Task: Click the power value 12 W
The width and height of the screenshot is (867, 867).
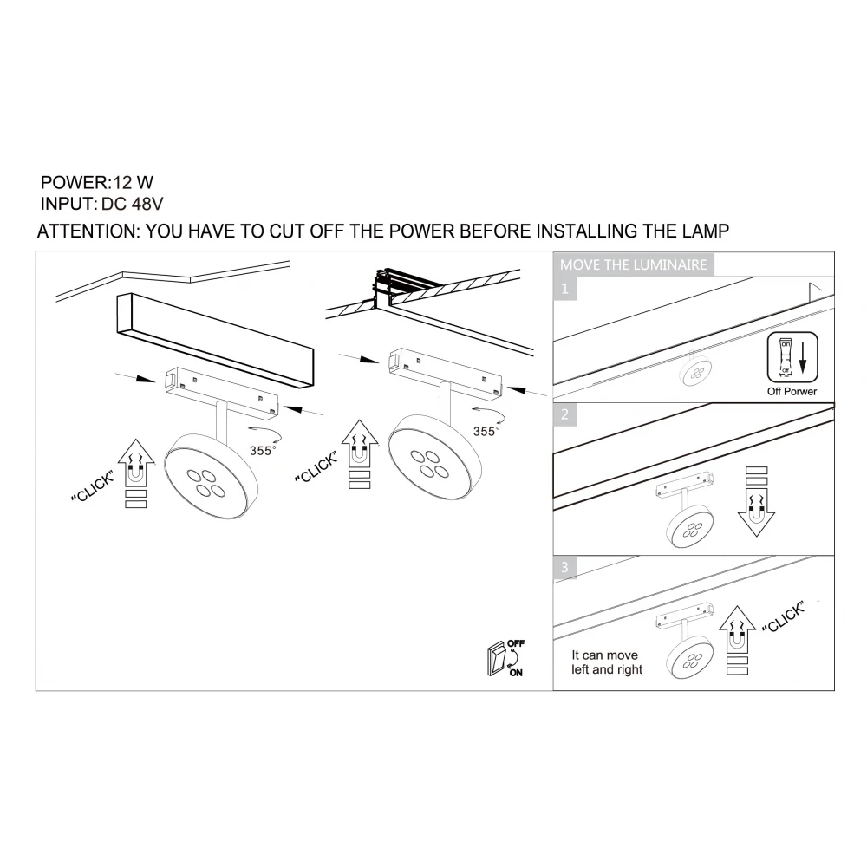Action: [x=134, y=182]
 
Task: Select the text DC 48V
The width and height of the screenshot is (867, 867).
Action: [x=132, y=204]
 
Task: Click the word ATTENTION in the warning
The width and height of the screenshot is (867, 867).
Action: [x=88, y=231]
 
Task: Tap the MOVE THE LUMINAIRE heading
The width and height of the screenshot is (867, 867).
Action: [x=633, y=264]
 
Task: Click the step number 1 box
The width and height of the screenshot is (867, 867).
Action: [x=564, y=289]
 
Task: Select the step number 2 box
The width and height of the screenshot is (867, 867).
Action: [x=564, y=414]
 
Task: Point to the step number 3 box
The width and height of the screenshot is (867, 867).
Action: [x=564, y=567]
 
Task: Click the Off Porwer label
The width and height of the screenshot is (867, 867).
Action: [x=792, y=392]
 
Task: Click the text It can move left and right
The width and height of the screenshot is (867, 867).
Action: [x=607, y=662]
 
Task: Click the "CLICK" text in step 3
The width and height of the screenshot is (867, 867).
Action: [x=783, y=617]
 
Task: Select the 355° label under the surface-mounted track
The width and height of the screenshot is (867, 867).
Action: [x=262, y=451]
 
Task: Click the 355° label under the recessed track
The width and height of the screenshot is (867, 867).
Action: [x=486, y=431]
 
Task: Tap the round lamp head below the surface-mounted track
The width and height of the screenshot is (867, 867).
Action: [x=212, y=475]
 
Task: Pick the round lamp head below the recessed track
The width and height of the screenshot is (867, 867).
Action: [x=434, y=456]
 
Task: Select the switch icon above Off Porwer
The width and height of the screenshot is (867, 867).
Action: [x=792, y=357]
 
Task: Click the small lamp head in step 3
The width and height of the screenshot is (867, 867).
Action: [x=689, y=657]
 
